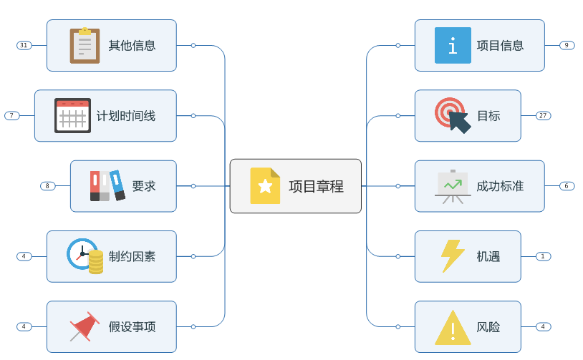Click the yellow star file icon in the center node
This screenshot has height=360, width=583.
tap(265, 186)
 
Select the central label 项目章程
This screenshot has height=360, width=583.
tap(316, 186)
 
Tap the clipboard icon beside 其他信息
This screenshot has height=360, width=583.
tap(85, 46)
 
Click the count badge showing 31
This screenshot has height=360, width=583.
tap(24, 45)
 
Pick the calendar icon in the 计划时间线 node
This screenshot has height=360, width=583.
tap(72, 116)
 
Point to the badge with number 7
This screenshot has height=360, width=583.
tap(12, 116)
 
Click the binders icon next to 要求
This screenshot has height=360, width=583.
tap(107, 186)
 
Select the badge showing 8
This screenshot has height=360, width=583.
tap(48, 186)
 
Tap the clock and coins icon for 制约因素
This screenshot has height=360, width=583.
tap(85, 256)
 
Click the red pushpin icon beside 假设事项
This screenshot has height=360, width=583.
tap(84, 326)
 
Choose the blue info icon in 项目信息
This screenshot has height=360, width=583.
tap(453, 46)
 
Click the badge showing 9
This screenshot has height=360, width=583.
tap(567, 45)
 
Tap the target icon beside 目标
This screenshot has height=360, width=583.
tap(453, 115)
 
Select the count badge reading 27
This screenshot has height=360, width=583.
tap(543, 116)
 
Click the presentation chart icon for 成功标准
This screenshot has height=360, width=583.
tap(453, 186)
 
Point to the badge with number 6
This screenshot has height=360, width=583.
tap(567, 186)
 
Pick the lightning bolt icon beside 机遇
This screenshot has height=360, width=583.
tap(453, 256)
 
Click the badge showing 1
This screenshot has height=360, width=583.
tap(543, 256)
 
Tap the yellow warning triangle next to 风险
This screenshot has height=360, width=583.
tap(453, 328)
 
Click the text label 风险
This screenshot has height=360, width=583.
tap(488, 327)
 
